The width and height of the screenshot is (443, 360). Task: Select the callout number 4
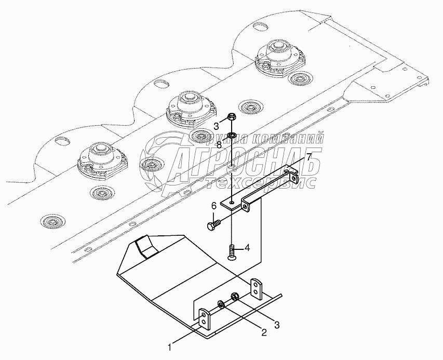[247, 248]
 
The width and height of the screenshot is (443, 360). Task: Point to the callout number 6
[213, 206]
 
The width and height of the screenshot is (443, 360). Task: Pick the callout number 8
[219, 145]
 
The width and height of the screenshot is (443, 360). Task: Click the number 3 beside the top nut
[216, 125]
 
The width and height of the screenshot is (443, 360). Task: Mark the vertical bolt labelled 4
[231, 251]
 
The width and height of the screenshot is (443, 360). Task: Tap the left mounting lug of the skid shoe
[207, 320]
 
